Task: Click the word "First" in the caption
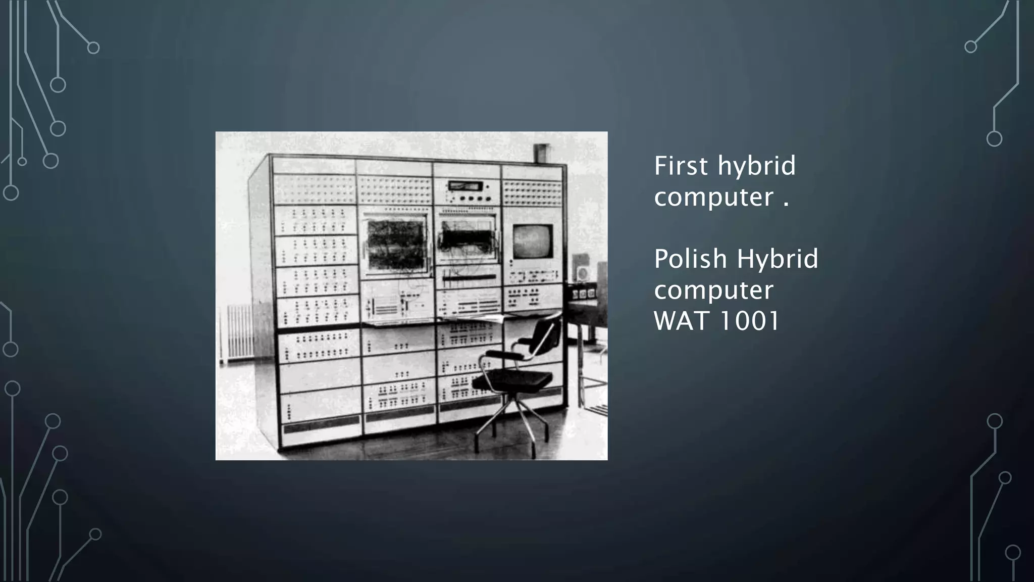[x=682, y=166]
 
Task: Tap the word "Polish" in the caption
[x=690, y=259]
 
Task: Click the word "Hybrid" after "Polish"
[x=777, y=259]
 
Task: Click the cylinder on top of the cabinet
[x=541, y=154]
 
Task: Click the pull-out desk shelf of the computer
[x=434, y=320]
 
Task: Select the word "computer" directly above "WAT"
[x=713, y=290]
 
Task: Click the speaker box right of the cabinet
[x=582, y=273]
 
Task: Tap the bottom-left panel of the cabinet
[x=320, y=414]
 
